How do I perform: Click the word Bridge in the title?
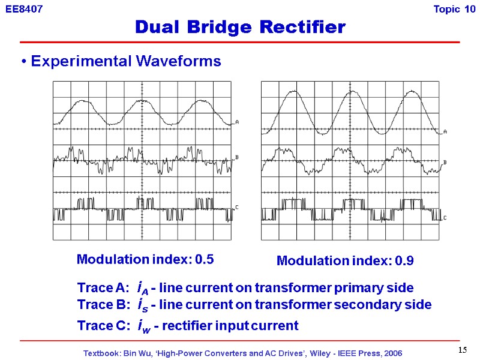227,27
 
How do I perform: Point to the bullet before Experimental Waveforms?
22,62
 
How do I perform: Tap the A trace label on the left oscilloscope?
237,122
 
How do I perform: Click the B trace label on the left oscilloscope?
237,157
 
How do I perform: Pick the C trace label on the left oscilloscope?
237,208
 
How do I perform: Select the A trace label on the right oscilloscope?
445,131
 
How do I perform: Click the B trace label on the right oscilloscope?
445,163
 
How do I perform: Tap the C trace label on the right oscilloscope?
445,218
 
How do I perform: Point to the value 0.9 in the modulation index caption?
404,261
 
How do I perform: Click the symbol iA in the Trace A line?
143,287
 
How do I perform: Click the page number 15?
462,350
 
